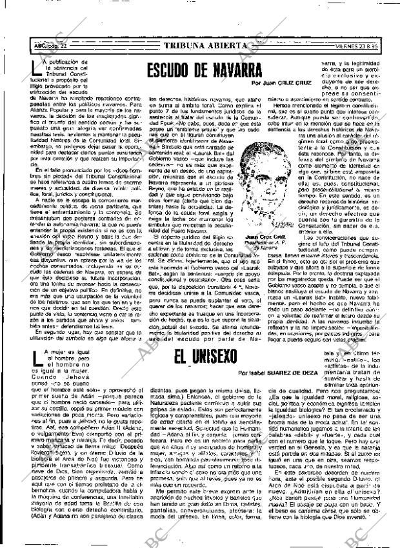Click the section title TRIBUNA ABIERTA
click(205, 46)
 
